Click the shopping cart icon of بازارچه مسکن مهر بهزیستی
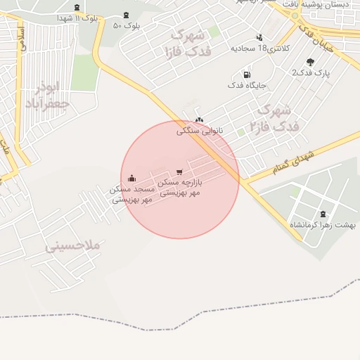point(180,172)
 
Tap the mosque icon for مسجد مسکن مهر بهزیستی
point(133,179)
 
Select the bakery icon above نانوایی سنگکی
point(200,120)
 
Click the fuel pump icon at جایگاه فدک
point(246,75)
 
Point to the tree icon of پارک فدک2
point(310,62)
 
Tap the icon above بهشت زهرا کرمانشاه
point(323,214)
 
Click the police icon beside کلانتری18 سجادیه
point(259,37)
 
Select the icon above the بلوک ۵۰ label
point(126,15)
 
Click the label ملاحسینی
point(74,247)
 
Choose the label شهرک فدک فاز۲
point(274,117)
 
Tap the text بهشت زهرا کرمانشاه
point(323,225)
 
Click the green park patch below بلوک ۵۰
point(84,72)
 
